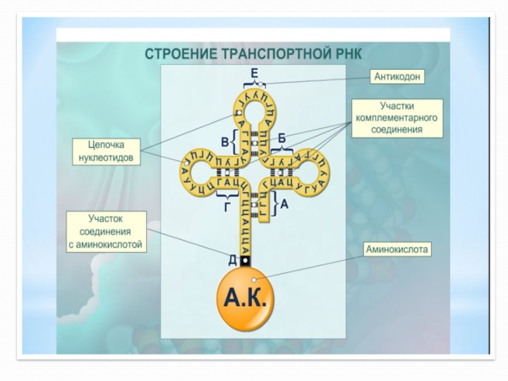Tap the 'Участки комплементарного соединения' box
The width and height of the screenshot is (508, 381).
tap(398, 119)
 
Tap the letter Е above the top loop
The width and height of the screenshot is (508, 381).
tap(254, 72)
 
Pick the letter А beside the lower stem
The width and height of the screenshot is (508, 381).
tap(284, 204)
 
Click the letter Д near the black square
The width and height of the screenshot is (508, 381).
tap(233, 259)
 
